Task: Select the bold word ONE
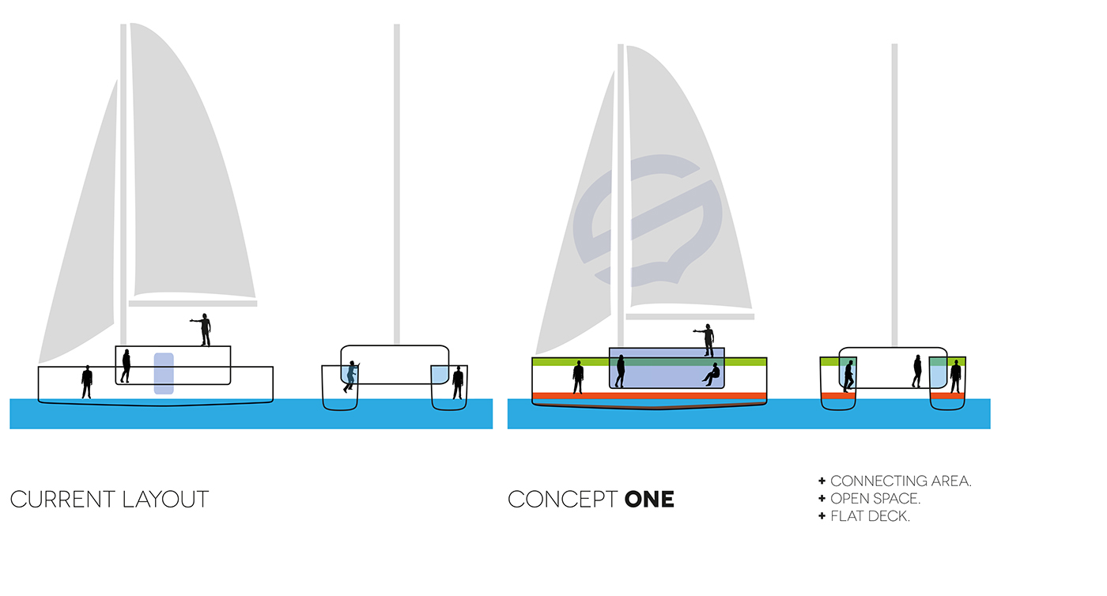pyautogui.click(x=649, y=500)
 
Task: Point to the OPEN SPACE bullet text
pyautogui.click(x=875, y=499)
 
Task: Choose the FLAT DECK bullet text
pyautogui.click(x=869, y=517)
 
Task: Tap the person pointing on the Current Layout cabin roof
pyautogui.click(x=204, y=330)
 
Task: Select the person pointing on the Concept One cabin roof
pyautogui.click(x=708, y=340)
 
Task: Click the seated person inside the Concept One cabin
pyautogui.click(x=712, y=375)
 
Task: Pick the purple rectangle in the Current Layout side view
pyautogui.click(x=164, y=373)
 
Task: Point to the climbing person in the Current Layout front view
pyautogui.click(x=350, y=377)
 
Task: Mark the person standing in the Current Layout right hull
pyautogui.click(x=458, y=382)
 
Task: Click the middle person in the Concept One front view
pyautogui.click(x=917, y=371)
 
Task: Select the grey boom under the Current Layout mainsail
pyautogui.click(x=193, y=303)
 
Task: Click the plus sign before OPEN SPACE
pyautogui.click(x=822, y=499)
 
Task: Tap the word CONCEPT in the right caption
pyautogui.click(x=562, y=500)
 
